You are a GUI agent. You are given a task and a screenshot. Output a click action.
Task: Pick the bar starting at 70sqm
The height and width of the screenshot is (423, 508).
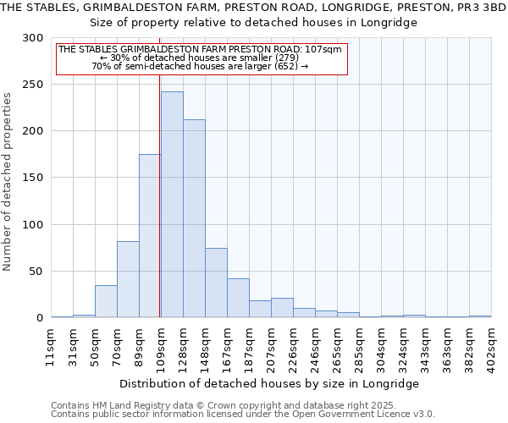(x=128, y=279)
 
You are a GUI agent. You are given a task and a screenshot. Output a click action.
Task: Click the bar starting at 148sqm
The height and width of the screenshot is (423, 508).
(x=216, y=283)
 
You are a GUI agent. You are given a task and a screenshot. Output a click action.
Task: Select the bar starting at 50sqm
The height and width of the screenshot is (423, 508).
(x=106, y=301)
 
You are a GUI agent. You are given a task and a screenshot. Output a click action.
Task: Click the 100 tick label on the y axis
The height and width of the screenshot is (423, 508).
(x=35, y=225)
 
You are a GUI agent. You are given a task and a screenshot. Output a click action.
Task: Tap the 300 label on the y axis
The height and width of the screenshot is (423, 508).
(x=35, y=38)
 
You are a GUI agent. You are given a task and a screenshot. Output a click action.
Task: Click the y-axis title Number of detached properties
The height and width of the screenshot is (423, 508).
(x=8, y=183)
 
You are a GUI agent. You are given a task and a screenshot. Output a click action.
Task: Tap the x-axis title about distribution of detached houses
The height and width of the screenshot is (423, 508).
(x=273, y=383)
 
